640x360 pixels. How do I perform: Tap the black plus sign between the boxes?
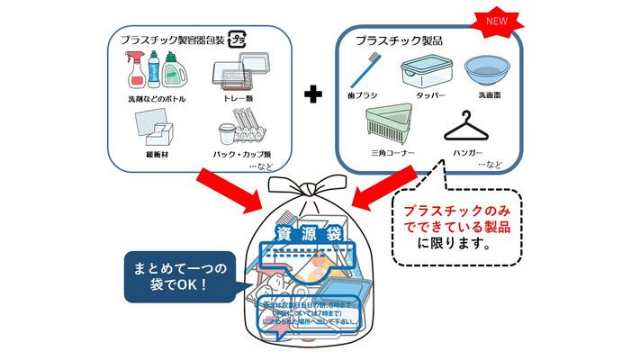[311, 94]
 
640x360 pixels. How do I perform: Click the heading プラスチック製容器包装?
[172, 38]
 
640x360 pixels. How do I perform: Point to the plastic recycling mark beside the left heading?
[239, 39]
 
